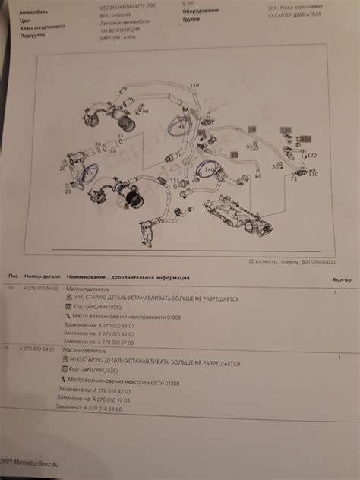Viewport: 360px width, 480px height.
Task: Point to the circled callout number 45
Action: [181, 128]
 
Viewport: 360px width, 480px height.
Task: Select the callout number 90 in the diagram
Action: [146, 112]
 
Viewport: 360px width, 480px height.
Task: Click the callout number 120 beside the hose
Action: [311, 155]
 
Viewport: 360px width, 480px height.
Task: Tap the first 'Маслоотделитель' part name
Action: [87, 290]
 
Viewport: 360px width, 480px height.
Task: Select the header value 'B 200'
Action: [189, 4]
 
